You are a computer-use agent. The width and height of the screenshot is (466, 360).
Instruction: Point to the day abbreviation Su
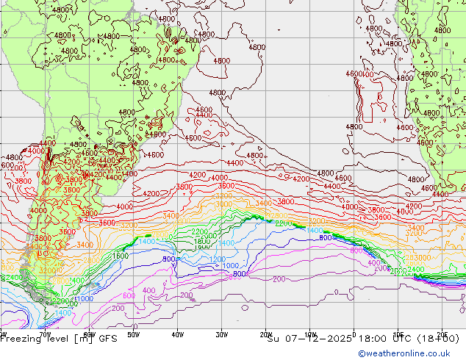(x=273, y=339)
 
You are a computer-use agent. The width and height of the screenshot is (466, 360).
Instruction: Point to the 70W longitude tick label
(x=46, y=333)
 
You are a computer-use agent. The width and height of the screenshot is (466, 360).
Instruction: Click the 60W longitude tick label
(x=90, y=333)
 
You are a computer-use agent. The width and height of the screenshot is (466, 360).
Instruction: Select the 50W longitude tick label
(x=134, y=333)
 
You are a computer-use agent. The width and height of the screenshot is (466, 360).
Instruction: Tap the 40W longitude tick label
(x=178, y=333)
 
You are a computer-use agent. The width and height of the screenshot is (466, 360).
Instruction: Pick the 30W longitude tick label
(x=222, y=333)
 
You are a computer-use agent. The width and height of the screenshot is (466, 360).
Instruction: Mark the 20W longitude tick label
(x=266, y=333)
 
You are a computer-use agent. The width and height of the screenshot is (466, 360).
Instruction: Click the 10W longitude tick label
(x=310, y=333)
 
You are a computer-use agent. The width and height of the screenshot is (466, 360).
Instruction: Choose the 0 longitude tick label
(x=354, y=333)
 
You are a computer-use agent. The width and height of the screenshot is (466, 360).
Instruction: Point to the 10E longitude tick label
(x=398, y=333)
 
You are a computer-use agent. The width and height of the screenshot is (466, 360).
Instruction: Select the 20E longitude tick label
(x=442, y=333)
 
